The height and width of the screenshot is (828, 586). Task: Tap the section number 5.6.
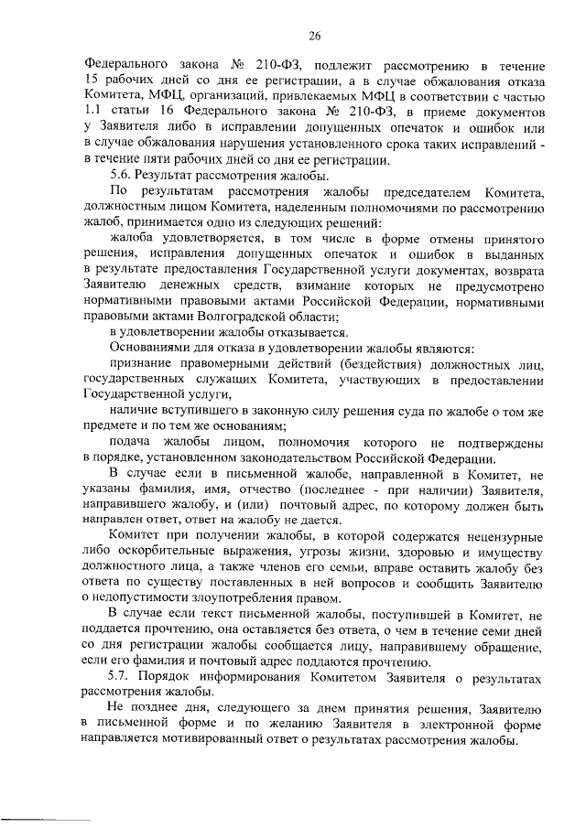point(120,176)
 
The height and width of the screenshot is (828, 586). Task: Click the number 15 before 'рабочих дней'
point(92,81)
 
